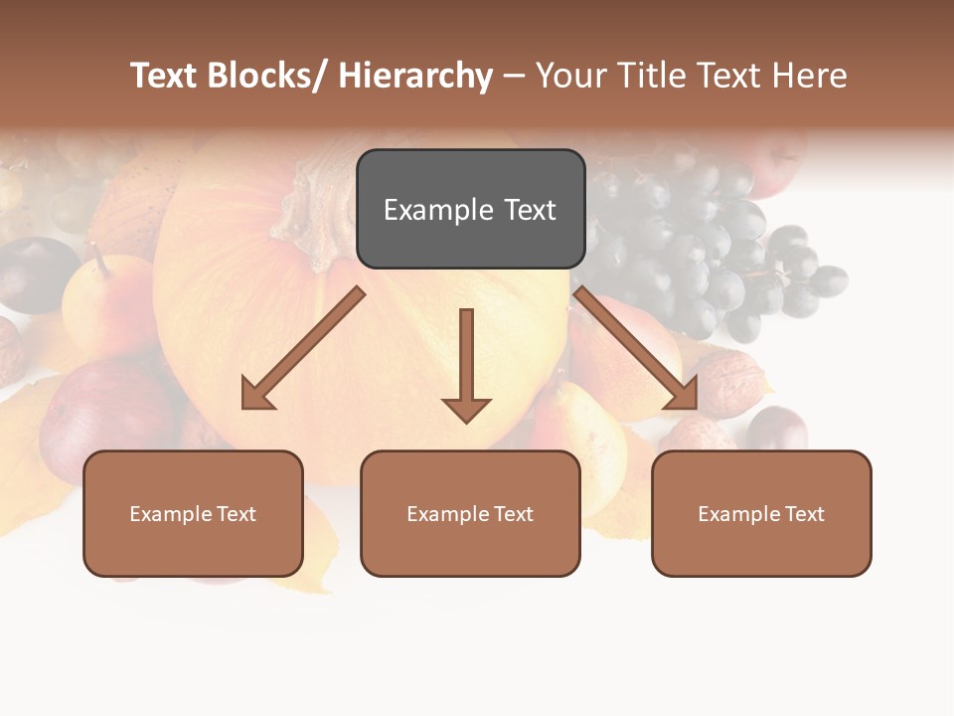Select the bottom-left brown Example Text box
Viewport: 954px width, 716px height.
(x=193, y=514)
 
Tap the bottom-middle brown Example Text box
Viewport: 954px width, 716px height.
(x=470, y=514)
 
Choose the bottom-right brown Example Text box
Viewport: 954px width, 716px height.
(x=761, y=514)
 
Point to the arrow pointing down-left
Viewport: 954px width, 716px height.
(x=304, y=348)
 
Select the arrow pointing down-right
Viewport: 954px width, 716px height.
(x=636, y=348)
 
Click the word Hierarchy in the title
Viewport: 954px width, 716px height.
(x=415, y=76)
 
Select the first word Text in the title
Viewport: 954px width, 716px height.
(x=165, y=76)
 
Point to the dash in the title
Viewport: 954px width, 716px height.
(x=514, y=76)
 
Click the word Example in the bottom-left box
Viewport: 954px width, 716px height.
(x=171, y=514)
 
